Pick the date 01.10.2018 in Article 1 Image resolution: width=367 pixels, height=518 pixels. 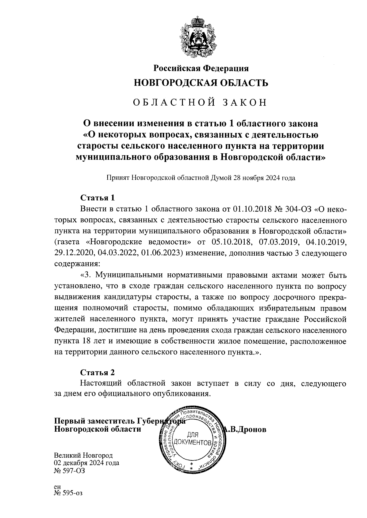(250, 209)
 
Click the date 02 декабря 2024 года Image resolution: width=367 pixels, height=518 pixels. (87, 463)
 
